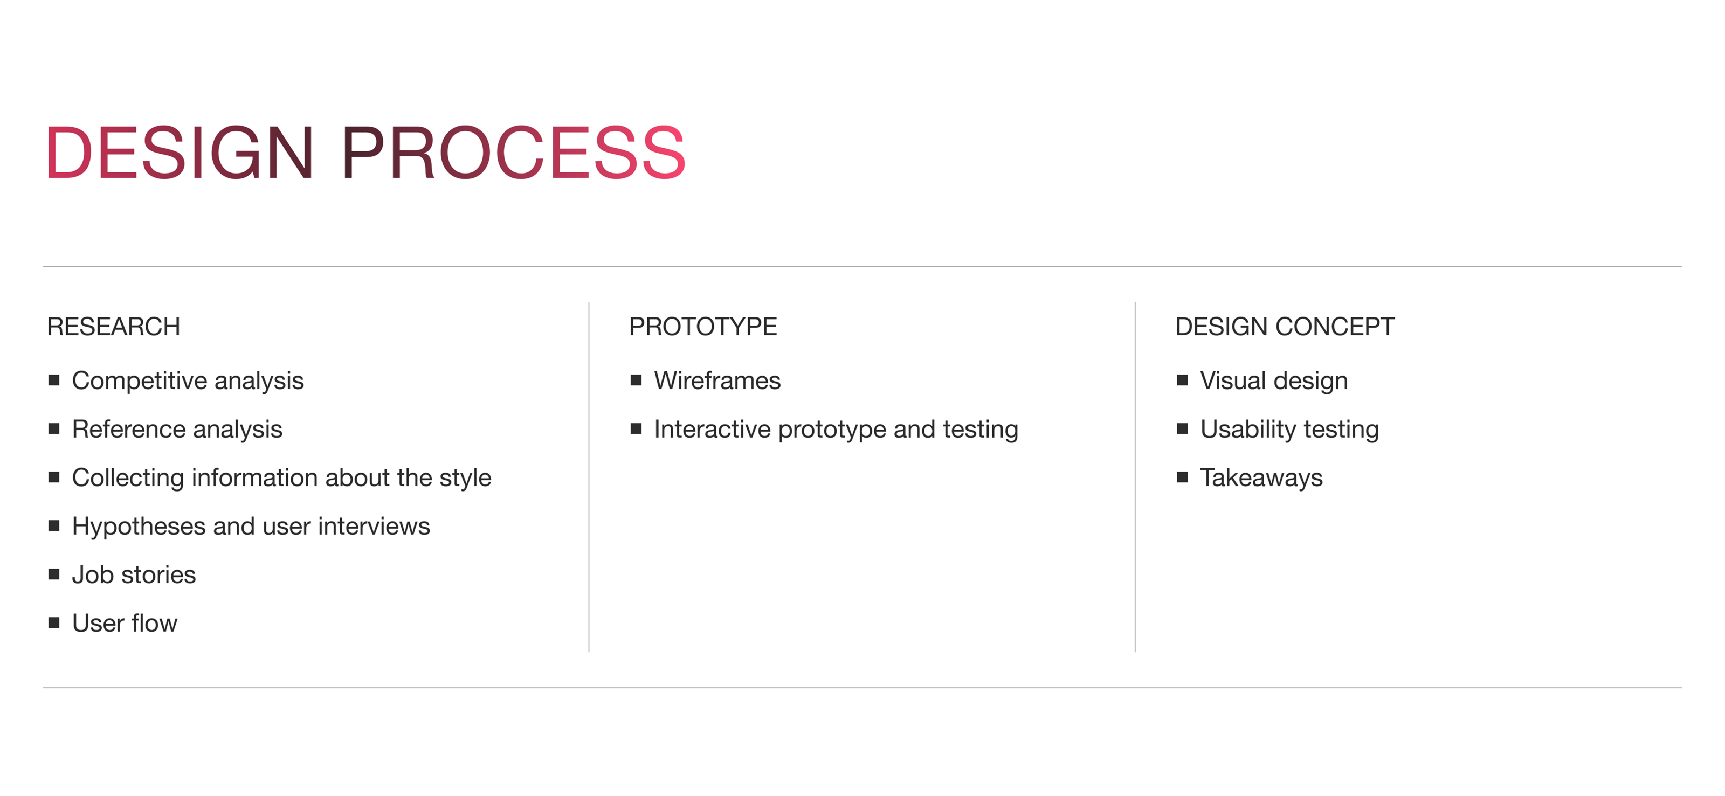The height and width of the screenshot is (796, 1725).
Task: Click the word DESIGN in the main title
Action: (x=180, y=153)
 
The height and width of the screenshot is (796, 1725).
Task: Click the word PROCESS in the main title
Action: (x=514, y=153)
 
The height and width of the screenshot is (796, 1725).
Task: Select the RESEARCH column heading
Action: (x=114, y=327)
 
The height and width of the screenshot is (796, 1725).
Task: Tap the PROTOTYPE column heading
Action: (x=703, y=327)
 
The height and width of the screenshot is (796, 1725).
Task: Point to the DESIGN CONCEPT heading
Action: (x=1285, y=327)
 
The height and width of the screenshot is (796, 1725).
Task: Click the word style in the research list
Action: (x=465, y=478)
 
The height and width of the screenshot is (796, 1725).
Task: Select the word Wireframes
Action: (x=717, y=380)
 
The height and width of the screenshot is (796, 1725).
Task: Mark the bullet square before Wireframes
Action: (x=636, y=380)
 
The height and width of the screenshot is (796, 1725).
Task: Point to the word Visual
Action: (x=1233, y=380)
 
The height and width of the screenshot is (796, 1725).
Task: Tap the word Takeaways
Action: (x=1261, y=479)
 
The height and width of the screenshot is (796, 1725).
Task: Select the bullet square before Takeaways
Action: (x=1183, y=477)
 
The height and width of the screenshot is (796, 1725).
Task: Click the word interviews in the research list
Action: (x=374, y=526)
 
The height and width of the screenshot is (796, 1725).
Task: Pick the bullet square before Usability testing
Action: (x=1183, y=428)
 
